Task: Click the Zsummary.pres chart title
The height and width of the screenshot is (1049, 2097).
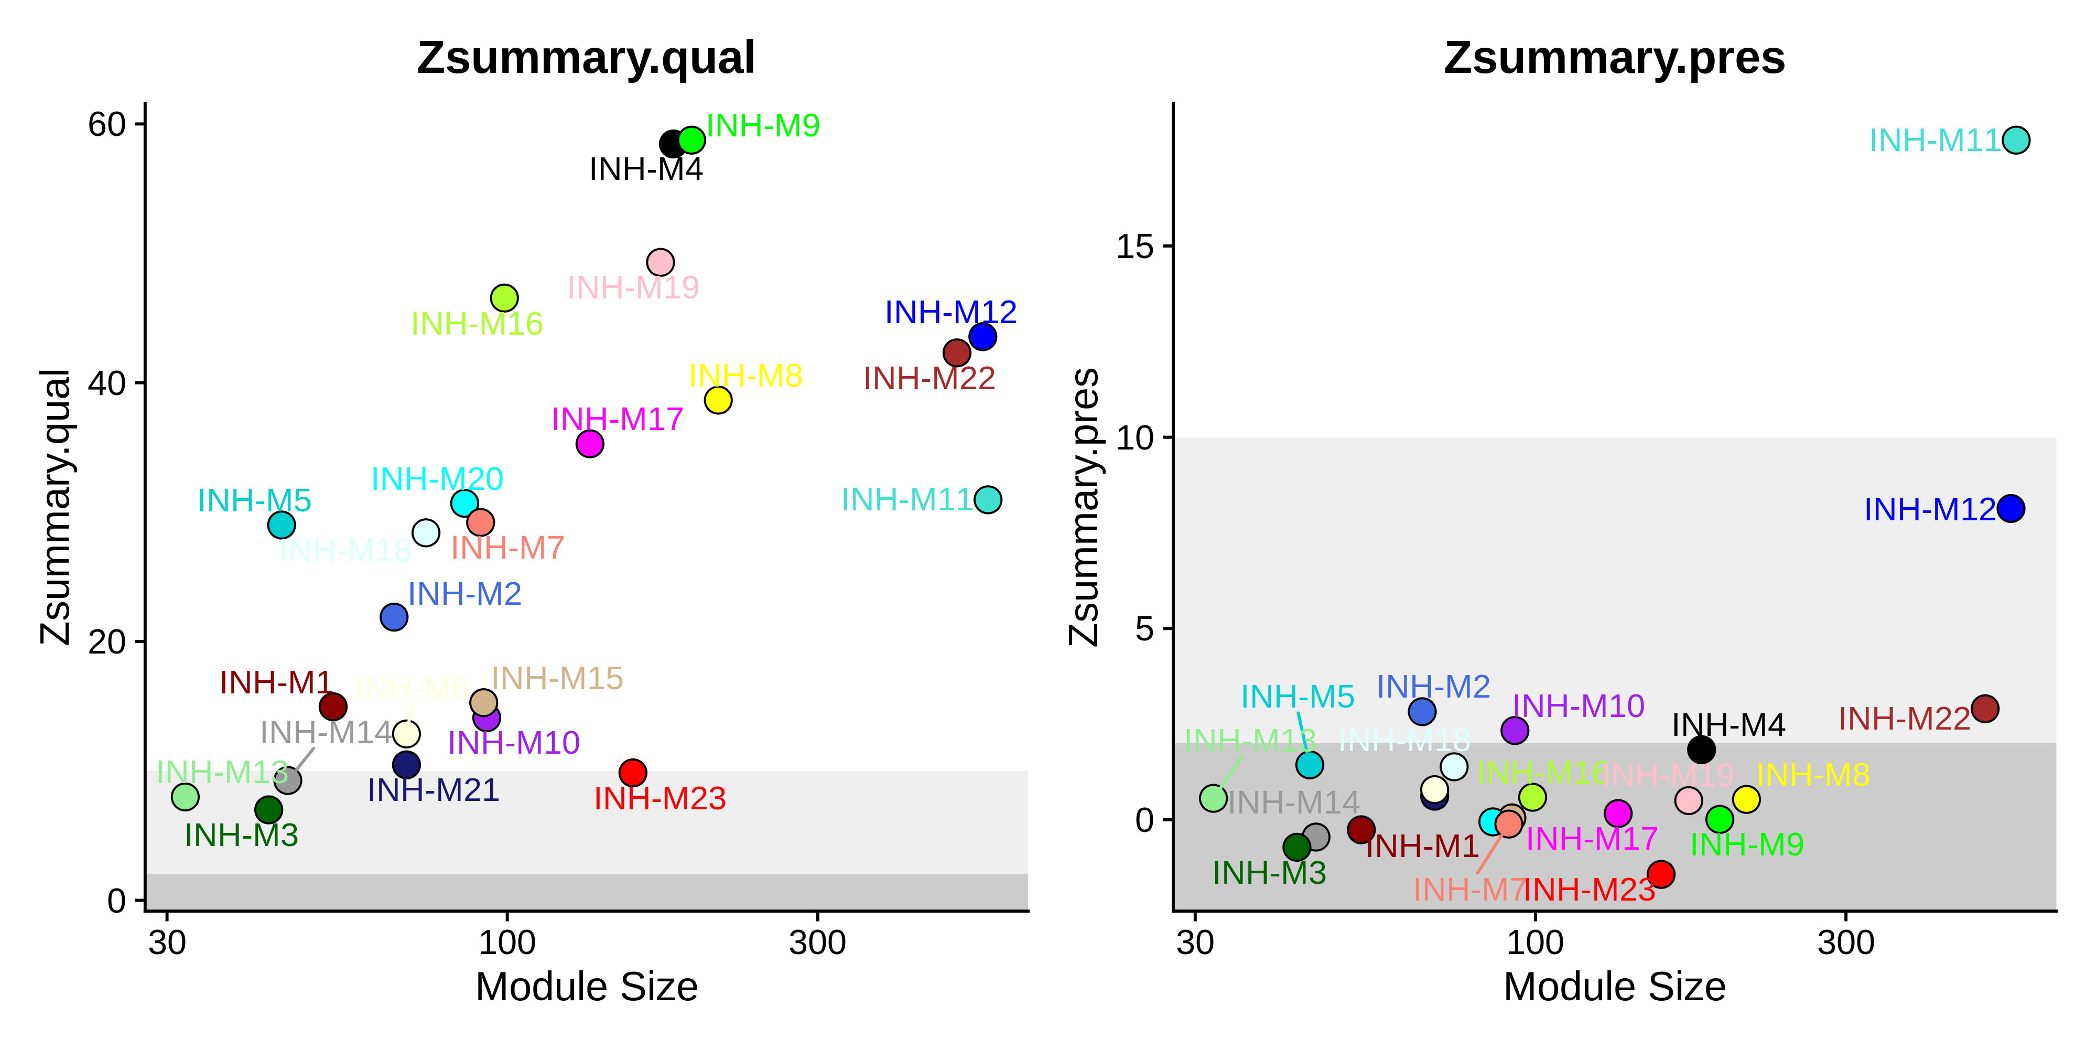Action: pos(1614,59)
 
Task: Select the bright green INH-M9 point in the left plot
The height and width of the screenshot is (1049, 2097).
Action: pos(691,140)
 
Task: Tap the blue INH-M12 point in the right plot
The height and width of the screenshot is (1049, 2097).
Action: pos(2010,508)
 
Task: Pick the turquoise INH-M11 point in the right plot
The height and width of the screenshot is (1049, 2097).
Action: pos(2016,140)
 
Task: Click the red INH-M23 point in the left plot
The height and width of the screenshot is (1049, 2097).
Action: pos(633,772)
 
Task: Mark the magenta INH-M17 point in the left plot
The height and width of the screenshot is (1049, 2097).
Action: pos(589,444)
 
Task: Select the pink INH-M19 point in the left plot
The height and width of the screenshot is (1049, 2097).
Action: pos(660,262)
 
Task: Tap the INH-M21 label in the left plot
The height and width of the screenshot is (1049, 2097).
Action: pos(433,790)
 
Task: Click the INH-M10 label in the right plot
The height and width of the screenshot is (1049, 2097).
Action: pos(1577,706)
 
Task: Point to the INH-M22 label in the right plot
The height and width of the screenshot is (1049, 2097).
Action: pos(1904,719)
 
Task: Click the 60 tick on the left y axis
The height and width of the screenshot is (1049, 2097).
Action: pos(106,125)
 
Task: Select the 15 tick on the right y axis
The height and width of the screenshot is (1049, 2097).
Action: pos(1135,246)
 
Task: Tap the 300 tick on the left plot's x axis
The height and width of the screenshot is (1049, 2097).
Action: pos(817,943)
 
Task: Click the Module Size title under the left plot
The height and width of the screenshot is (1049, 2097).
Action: pos(586,987)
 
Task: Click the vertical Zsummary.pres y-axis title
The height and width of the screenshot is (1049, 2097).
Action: pos(1085,507)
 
